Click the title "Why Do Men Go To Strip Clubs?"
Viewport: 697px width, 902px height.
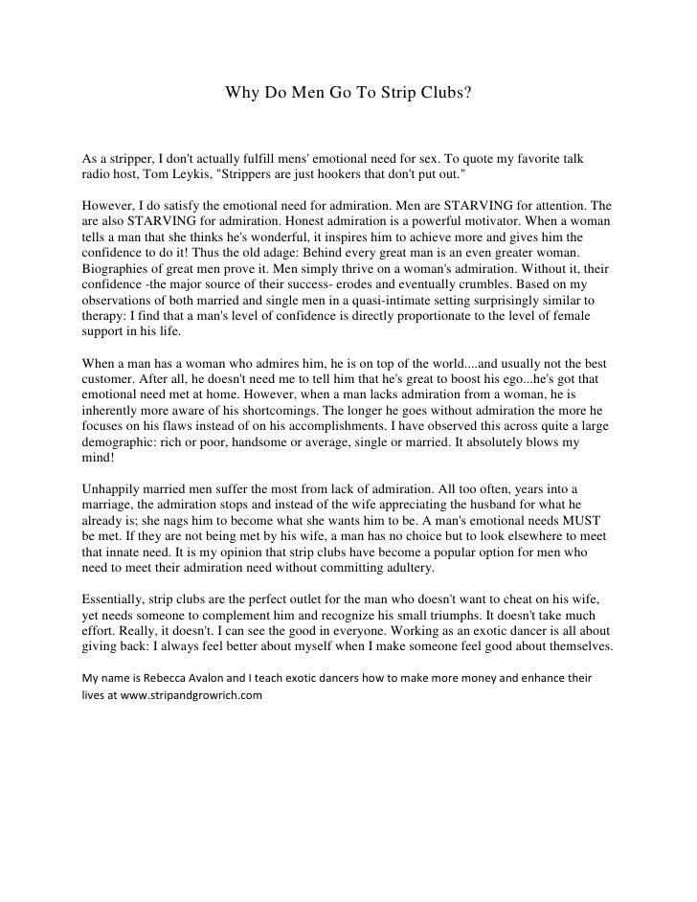348,95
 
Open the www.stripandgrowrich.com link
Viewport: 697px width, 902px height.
191,694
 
